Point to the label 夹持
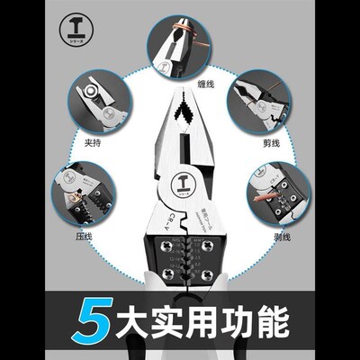pos(92,140)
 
